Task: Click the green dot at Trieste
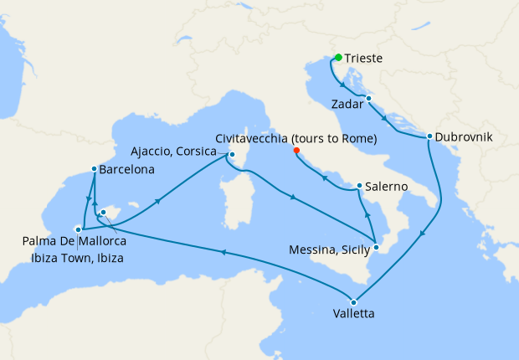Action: coord(338,58)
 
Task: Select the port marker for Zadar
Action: coord(368,99)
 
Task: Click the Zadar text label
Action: coord(347,105)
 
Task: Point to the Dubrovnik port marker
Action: coord(429,136)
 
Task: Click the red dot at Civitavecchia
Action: coord(296,152)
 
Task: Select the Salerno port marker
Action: coord(359,186)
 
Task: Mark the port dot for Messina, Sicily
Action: coord(377,247)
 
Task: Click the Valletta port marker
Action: coord(354,302)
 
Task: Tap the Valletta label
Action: coord(347,316)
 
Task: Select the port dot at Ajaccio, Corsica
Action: coord(232,154)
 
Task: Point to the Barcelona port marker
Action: coord(93,169)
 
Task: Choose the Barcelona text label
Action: coord(126,169)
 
